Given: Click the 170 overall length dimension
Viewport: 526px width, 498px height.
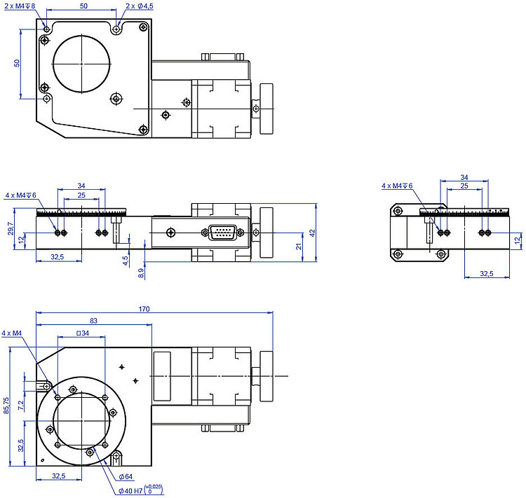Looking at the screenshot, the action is [x=144, y=309].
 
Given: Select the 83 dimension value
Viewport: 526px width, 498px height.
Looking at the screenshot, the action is [x=93, y=321].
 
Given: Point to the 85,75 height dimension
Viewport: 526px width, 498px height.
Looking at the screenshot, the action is [x=6, y=406].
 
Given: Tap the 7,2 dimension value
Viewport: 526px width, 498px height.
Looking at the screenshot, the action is [x=21, y=406].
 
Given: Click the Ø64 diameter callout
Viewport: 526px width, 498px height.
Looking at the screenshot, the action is [x=126, y=476].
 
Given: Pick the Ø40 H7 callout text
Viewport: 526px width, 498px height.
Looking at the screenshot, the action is [x=130, y=491].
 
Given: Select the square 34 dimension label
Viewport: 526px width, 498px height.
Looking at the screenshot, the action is [x=83, y=333].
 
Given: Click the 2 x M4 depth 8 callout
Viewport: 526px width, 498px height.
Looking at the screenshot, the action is [x=20, y=6].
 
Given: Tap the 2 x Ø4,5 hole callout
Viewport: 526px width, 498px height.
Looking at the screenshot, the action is [x=140, y=6].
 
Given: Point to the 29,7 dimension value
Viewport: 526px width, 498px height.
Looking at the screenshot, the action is [x=11, y=228].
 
